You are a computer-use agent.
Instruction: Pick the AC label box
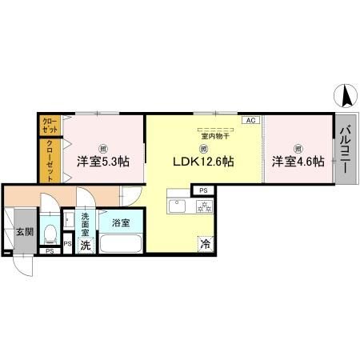tap(250, 120)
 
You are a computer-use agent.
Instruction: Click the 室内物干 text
tap(205, 136)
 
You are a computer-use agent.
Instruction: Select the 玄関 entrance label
tap(24, 232)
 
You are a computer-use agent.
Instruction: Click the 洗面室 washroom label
tap(85, 222)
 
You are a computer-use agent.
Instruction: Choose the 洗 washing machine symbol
tap(86, 246)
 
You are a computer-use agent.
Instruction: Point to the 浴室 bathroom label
tap(121, 222)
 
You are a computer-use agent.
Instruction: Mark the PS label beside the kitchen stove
tap(203, 190)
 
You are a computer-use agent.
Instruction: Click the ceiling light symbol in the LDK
tap(204, 148)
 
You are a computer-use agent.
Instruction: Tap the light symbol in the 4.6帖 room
tap(298, 148)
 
